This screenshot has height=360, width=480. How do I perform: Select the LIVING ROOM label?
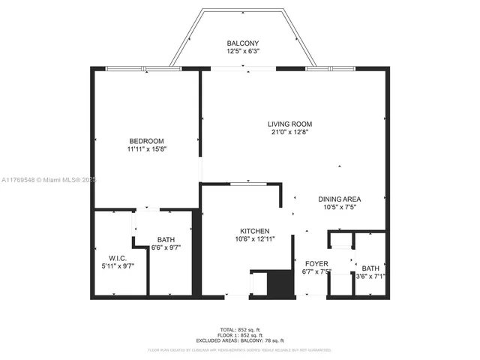[x=290, y=124]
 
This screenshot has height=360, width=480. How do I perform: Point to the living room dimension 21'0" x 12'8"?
[x=290, y=133]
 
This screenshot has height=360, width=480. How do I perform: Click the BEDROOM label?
[x=146, y=141]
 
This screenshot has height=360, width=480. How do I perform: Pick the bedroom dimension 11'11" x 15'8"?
[x=146, y=150]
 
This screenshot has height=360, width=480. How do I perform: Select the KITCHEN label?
[x=255, y=231]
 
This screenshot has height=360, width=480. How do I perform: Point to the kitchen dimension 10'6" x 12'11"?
[x=255, y=240]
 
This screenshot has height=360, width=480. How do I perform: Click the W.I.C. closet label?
[x=118, y=257]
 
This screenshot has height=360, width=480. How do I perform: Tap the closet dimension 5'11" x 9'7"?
[x=118, y=266]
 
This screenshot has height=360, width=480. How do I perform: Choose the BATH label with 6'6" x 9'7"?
[x=166, y=240]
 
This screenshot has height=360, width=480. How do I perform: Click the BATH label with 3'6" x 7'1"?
[x=370, y=268]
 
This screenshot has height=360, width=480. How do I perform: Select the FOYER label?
[x=316, y=264]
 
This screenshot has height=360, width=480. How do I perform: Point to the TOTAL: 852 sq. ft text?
[x=240, y=330]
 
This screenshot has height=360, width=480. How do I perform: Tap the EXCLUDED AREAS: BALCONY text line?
[x=240, y=340]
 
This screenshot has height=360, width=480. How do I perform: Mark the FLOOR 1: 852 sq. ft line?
[x=240, y=335]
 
